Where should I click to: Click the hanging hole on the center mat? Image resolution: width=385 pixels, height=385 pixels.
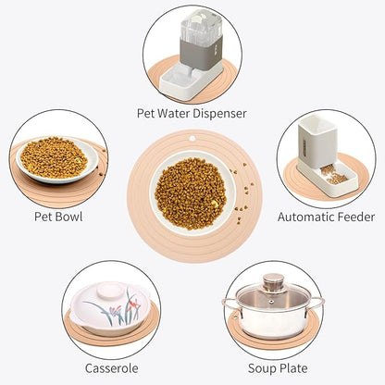coord(192,138)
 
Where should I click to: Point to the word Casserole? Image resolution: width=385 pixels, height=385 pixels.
coord(111,368)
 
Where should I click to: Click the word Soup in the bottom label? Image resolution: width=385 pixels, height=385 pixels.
coord(261,368)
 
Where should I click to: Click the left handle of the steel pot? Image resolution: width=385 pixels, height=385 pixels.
coord(230,305)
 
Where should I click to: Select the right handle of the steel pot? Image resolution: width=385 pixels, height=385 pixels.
coord(316,304)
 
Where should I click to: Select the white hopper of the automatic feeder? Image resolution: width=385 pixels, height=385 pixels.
coord(317,142)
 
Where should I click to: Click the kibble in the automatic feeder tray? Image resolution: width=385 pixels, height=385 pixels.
coord(334,175)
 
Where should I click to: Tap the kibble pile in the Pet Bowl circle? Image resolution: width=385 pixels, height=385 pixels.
coord(54,157)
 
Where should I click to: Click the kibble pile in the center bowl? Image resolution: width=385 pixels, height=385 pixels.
coord(191,193)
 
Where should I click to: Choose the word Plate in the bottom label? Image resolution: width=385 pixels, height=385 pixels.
coord(292,368)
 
